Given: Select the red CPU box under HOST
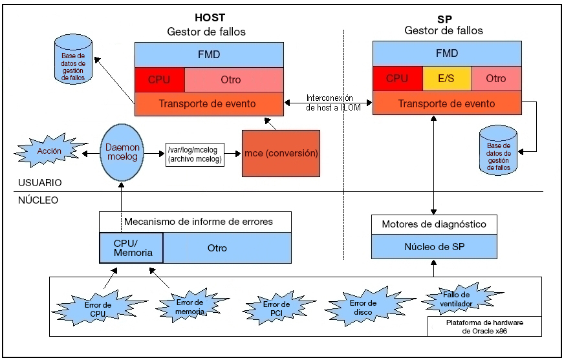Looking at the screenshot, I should [x=159, y=79].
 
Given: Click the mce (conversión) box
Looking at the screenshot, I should [x=281, y=154].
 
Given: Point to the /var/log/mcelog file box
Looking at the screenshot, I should [x=195, y=154].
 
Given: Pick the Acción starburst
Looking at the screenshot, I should [x=49, y=151].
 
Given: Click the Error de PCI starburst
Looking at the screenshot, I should [x=276, y=309].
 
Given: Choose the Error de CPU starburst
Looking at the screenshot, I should [x=98, y=309].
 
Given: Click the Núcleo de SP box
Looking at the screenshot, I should [x=434, y=247].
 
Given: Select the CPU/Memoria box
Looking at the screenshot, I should [x=132, y=248].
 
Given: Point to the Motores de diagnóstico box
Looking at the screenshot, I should [x=434, y=224].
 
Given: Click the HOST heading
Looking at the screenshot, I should [x=210, y=17].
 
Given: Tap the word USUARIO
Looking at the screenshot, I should [x=40, y=183].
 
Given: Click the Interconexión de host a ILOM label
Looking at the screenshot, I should [x=329, y=103].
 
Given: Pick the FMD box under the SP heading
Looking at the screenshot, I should [x=447, y=54].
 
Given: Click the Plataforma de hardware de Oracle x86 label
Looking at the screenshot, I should [x=484, y=326].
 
